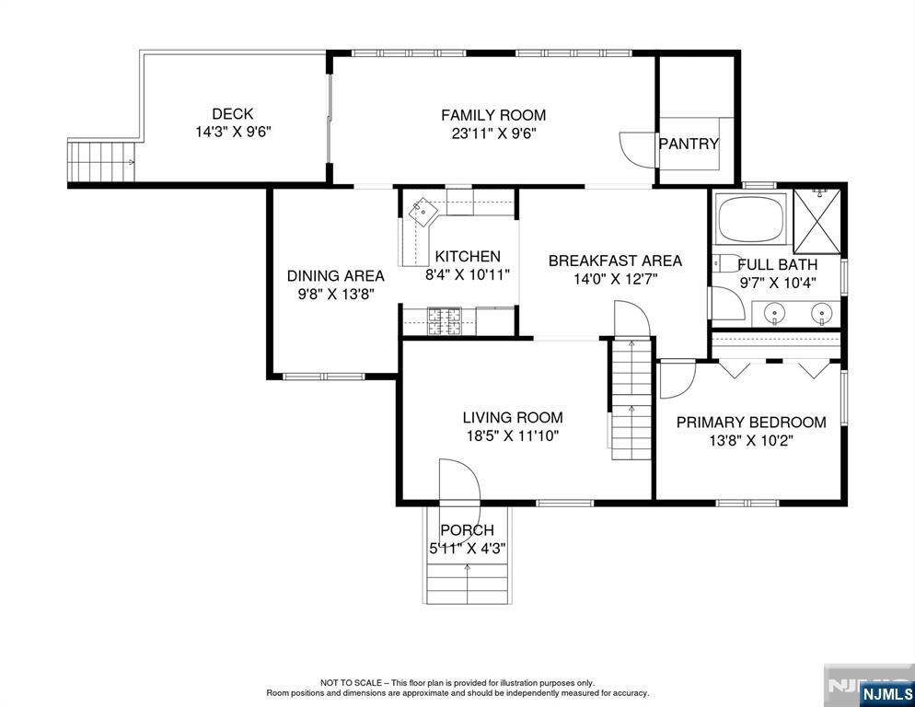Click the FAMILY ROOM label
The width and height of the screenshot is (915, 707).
tap(493, 115)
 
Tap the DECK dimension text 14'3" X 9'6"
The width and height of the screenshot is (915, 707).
tap(234, 133)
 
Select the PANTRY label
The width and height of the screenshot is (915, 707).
tap(689, 144)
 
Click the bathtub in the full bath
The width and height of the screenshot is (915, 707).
tap(751, 220)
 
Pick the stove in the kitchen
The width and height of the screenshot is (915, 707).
tap(444, 321)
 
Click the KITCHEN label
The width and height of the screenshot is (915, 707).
tap(468, 256)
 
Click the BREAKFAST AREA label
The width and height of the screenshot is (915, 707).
tap(615, 261)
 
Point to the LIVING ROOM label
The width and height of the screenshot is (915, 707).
tap(513, 417)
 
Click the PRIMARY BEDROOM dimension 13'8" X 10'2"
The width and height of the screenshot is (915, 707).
tap(751, 440)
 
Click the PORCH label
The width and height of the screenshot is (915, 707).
tap(467, 530)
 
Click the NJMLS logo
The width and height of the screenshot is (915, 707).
tap(886, 693)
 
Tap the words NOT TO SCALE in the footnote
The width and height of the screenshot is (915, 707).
tap(351, 682)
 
